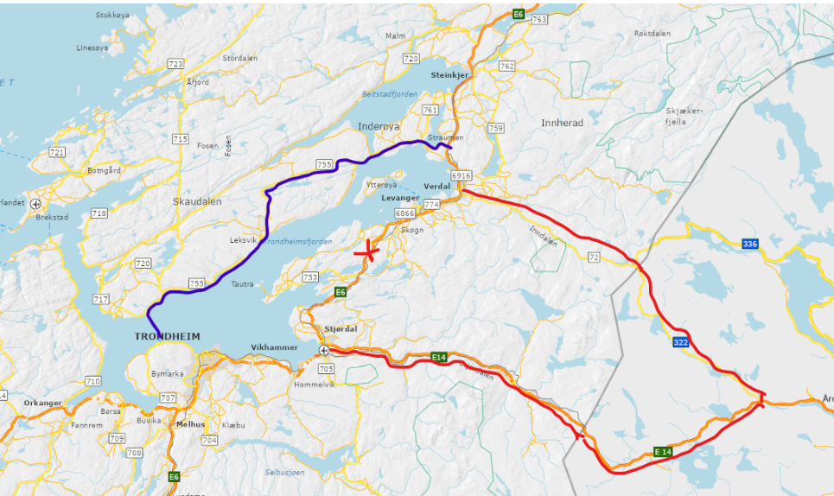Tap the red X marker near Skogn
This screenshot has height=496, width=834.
pos(368,251)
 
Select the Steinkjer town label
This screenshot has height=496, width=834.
pos(449,75)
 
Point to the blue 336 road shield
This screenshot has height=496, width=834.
pos(749,245)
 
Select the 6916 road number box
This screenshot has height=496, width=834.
pos(461,175)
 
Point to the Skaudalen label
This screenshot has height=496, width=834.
pos(197,201)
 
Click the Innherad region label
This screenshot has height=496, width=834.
pos(562,123)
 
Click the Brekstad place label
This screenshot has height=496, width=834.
pos(51,218)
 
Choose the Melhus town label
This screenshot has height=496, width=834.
pos(190,424)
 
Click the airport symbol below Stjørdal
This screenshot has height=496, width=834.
pos(323,350)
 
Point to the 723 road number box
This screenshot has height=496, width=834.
pos(175,64)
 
